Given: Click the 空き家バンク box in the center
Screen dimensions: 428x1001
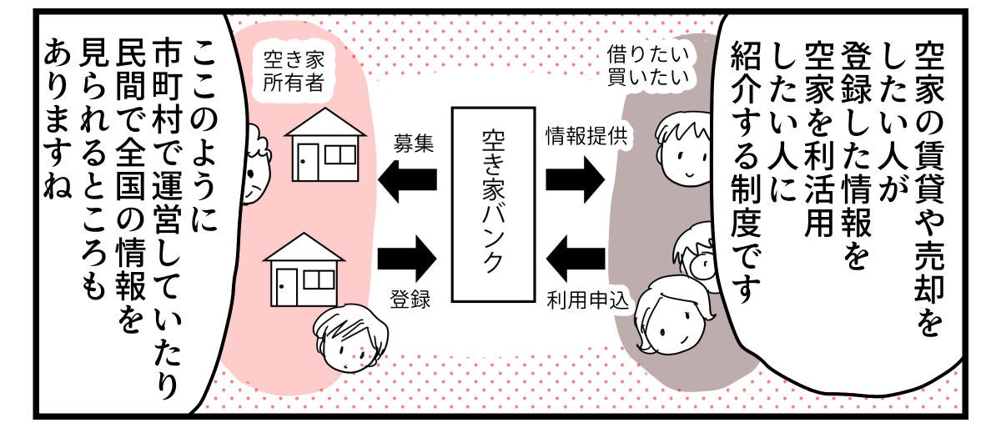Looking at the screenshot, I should coord(493,204).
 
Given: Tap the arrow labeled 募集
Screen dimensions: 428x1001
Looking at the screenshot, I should coord(408,179).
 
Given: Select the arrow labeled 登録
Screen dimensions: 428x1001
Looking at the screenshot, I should coord(408,252).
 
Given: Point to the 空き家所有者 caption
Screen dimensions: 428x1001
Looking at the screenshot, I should coord(287,72).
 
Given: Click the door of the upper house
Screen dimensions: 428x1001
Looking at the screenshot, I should coord(308,160).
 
